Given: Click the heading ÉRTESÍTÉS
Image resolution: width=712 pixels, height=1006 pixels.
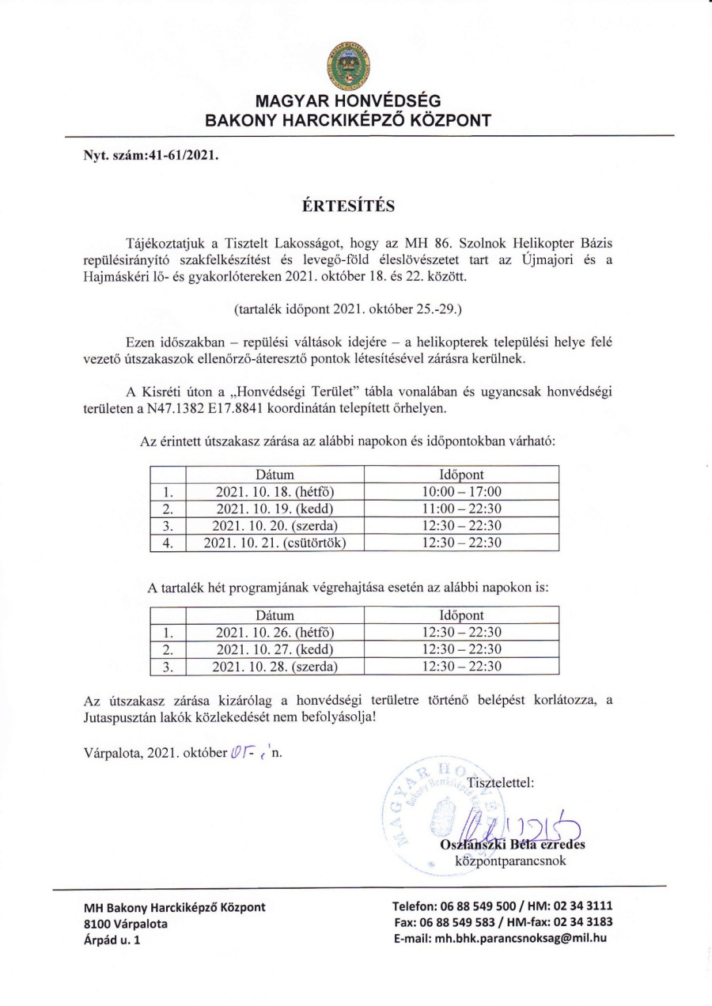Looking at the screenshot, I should tap(349, 206).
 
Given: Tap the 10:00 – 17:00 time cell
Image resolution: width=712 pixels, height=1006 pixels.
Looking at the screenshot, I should tap(461, 492).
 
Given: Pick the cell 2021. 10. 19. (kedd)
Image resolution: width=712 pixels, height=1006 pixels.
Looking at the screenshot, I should tap(275, 509).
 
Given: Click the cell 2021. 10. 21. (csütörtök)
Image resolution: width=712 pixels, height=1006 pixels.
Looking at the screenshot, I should tap(275, 543).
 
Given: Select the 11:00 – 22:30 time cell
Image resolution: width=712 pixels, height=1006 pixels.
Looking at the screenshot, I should tap(461, 509).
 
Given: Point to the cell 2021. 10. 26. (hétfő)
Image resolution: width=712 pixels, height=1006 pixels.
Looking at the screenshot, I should tap(275, 632).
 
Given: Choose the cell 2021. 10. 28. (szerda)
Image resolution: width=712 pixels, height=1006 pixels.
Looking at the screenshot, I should tap(275, 666).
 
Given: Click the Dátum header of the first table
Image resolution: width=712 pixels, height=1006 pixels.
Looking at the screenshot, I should tap(275, 475).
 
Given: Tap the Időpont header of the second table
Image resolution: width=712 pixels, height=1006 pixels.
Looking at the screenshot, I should tap(461, 615).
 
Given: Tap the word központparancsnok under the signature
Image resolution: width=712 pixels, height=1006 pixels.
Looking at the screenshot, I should tap(510, 860).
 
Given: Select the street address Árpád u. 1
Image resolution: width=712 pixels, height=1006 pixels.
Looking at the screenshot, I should tap(112, 940).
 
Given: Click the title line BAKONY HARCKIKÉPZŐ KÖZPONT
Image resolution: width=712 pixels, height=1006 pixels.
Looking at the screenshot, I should tap(348, 120).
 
